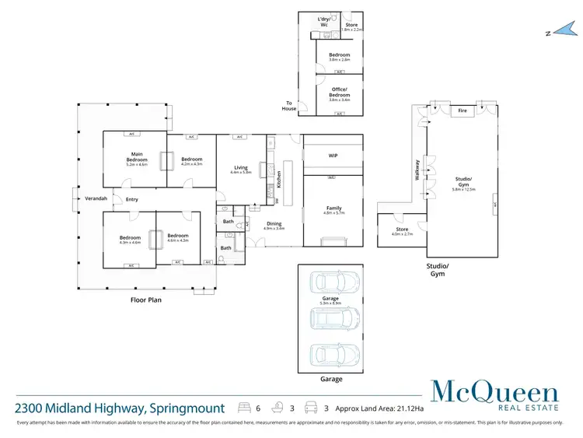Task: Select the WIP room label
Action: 333,156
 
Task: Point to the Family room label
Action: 333,208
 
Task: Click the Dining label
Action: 274,224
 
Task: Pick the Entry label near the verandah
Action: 132,199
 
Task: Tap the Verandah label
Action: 96,198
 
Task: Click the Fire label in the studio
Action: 462,110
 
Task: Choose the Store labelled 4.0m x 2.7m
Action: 401,231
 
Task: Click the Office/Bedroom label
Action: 340,94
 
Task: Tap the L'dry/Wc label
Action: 323,20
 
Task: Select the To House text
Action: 290,106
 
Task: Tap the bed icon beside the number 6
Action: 245,408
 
